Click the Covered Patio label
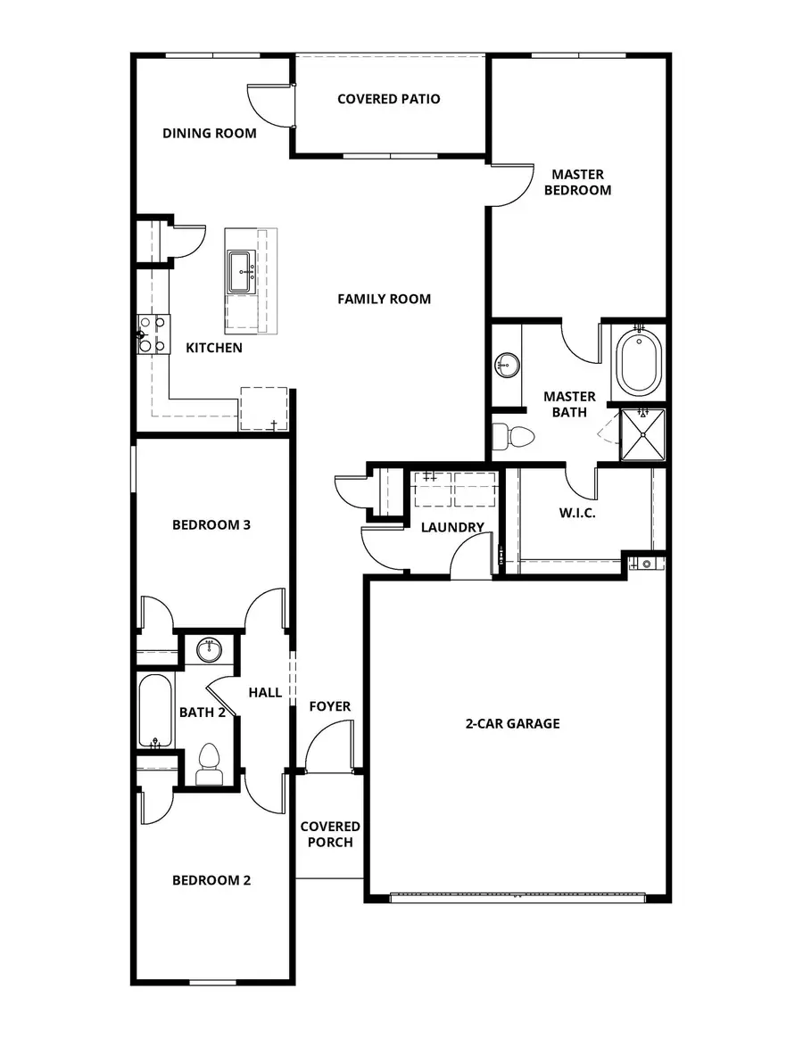(x=388, y=99)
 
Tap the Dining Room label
(x=209, y=134)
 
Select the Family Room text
(x=384, y=299)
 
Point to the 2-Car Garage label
(x=512, y=723)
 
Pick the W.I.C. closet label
(x=577, y=514)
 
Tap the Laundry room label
(x=452, y=527)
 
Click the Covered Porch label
(x=330, y=835)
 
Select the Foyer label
(x=330, y=706)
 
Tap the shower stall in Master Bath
(x=643, y=434)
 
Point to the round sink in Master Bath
(x=507, y=364)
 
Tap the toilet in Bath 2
(x=208, y=762)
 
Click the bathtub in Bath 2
(x=156, y=712)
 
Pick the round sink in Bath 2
(x=209, y=649)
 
